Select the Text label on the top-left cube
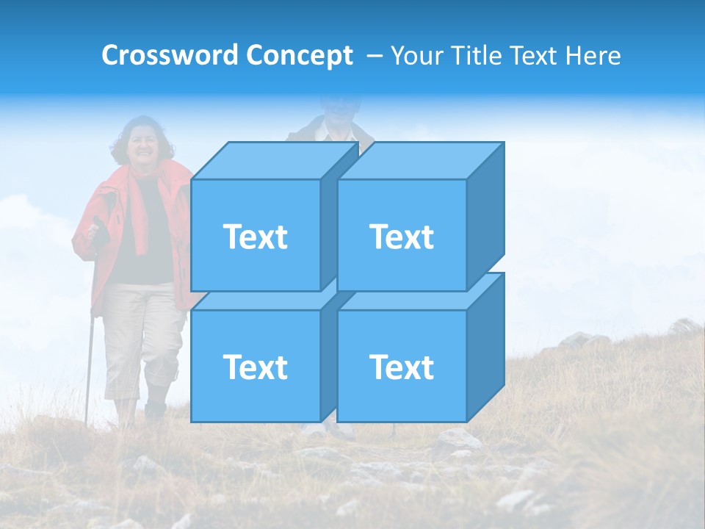pyautogui.click(x=256, y=237)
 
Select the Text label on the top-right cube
pyautogui.click(x=402, y=237)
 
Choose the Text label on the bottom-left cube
pyautogui.click(x=256, y=367)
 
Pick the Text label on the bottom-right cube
pyautogui.click(x=402, y=367)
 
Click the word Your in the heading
pyautogui.click(x=416, y=56)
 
